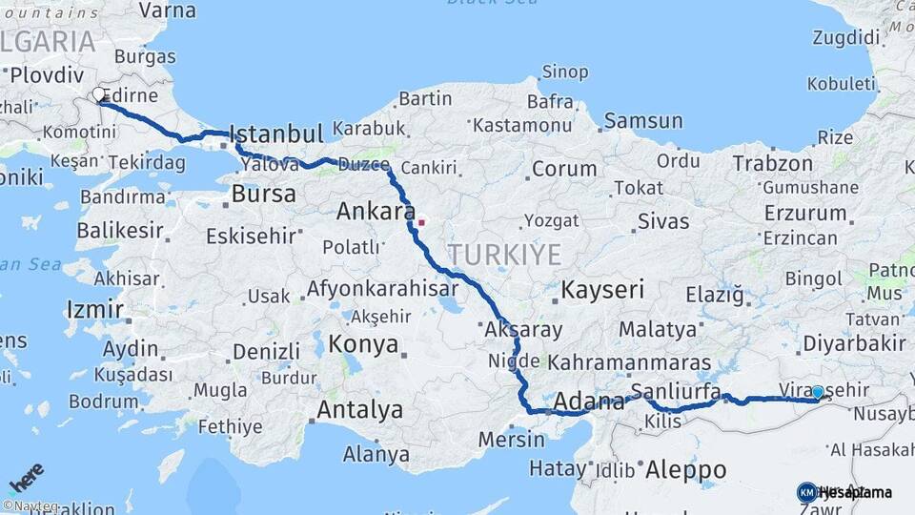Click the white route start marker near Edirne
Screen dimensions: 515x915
(x=99, y=94)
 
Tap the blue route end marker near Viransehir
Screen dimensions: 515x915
(x=817, y=392)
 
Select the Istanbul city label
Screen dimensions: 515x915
(x=276, y=133)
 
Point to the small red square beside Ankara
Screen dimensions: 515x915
(x=420, y=223)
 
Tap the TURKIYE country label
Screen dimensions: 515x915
(x=505, y=254)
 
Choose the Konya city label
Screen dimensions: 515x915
(x=364, y=345)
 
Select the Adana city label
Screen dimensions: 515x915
(x=588, y=401)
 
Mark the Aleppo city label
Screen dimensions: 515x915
(x=685, y=469)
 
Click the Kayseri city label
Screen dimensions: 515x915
(x=602, y=289)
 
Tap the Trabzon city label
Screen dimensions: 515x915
(x=773, y=163)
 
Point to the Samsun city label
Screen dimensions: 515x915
(x=642, y=121)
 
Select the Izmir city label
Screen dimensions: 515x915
(x=95, y=309)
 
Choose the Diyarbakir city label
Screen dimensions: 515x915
(x=853, y=342)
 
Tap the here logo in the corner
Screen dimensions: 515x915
(x=27, y=475)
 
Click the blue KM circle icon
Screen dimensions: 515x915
(x=806, y=492)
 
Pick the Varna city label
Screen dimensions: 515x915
(x=167, y=11)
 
